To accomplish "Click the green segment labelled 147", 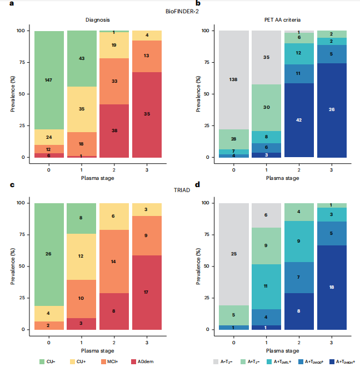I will [x=49, y=80].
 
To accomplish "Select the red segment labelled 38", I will [x=114, y=130].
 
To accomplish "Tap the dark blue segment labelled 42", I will [x=299, y=120].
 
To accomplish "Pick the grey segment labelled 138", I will [x=233, y=80].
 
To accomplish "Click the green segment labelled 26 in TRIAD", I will [x=49, y=254].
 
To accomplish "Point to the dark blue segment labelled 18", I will [x=331, y=287].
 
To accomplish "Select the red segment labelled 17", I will [x=146, y=292].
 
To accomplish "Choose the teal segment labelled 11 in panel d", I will [x=266, y=286].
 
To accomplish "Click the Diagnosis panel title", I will [x=97, y=21].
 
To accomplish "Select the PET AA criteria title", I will [x=282, y=21].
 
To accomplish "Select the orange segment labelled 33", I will [x=114, y=81].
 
